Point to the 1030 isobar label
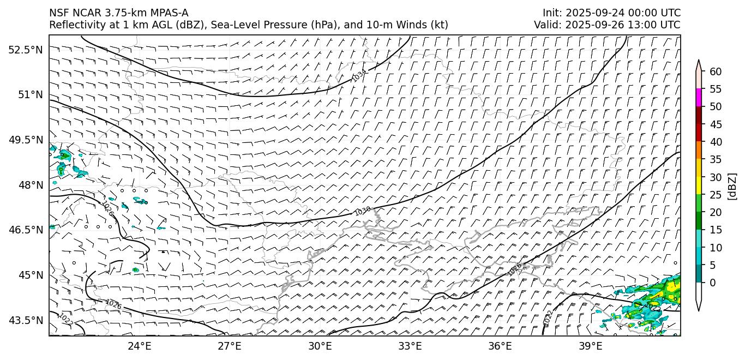tap(363, 211)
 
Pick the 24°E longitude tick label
tap(139, 346)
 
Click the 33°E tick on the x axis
tap(410, 346)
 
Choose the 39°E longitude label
tap(590, 346)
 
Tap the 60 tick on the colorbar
tap(716, 71)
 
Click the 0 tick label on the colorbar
tap(713, 283)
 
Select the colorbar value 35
tap(716, 159)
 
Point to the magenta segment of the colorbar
tap(699, 98)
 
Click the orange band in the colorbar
tap(699, 151)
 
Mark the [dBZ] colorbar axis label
tap(732, 186)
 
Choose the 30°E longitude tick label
tap(320, 346)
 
